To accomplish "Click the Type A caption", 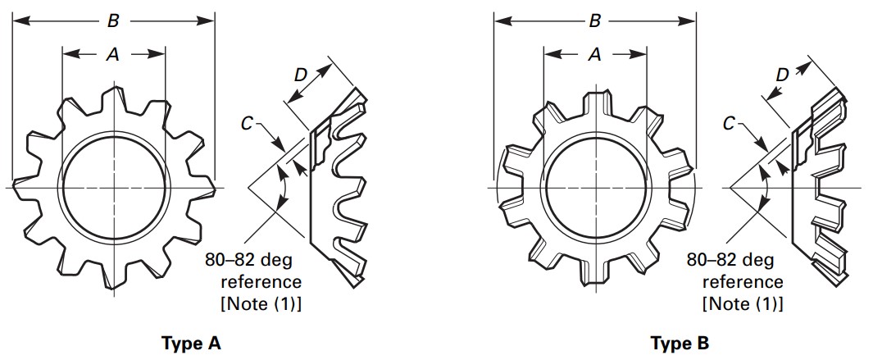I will [192, 343].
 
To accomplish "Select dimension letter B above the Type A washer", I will [113, 21].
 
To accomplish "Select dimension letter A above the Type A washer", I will [113, 54].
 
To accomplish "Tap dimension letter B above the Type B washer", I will [594, 21].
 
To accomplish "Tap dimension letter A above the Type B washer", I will [595, 54].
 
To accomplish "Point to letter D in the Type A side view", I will [301, 75].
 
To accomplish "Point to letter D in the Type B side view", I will [782, 75].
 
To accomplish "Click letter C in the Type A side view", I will [247, 124].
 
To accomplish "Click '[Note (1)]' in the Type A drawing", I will [261, 303].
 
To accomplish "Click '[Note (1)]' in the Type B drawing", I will [742, 303].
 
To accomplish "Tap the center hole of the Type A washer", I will [114, 188].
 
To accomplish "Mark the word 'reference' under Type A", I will [261, 282].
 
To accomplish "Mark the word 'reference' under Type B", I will [743, 282].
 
